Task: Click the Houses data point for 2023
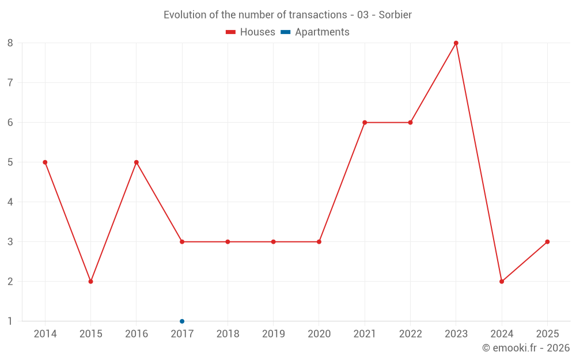pyautogui.click(x=456, y=43)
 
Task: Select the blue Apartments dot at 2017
pyautogui.click(x=182, y=321)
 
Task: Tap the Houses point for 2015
pyautogui.click(x=90, y=282)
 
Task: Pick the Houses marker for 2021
pyautogui.click(x=365, y=123)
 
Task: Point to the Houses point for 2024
pyautogui.click(x=502, y=282)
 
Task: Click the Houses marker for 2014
pyautogui.click(x=45, y=162)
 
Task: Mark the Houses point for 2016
pyautogui.click(x=137, y=162)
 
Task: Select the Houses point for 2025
pyautogui.click(x=547, y=242)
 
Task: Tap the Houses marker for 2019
pyautogui.click(x=274, y=242)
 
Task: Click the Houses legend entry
pyautogui.click(x=251, y=32)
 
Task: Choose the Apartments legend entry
pyautogui.click(x=315, y=32)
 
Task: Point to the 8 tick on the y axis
pyautogui.click(x=10, y=43)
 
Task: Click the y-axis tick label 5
pyautogui.click(x=10, y=162)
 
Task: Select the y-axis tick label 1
pyautogui.click(x=10, y=321)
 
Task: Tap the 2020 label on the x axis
pyautogui.click(x=319, y=334)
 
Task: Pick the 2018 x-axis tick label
pyautogui.click(x=228, y=334)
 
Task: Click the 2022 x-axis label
pyautogui.click(x=410, y=334)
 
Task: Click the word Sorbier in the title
pyautogui.click(x=395, y=15)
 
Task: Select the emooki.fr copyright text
pyautogui.click(x=526, y=348)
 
